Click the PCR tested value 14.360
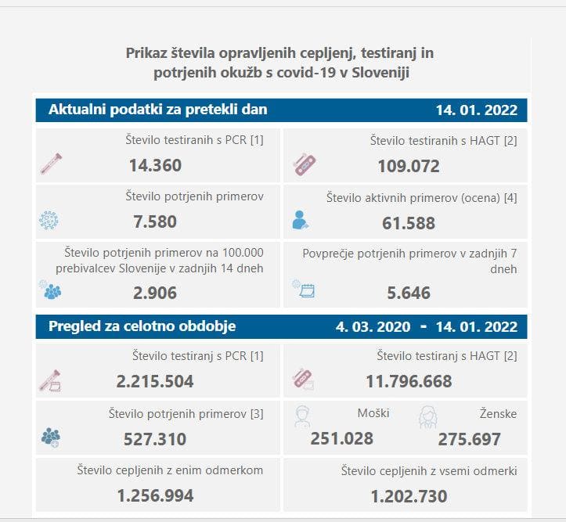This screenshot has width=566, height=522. click(x=155, y=165)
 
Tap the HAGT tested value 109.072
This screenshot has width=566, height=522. click(x=409, y=166)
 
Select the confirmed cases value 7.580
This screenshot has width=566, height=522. click(x=155, y=221)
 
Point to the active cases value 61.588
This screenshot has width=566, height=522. click(x=409, y=223)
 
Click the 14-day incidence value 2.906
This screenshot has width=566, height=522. click(x=155, y=293)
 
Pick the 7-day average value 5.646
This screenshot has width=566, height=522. click(x=409, y=293)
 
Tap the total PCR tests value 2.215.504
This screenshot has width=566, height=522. click(x=155, y=381)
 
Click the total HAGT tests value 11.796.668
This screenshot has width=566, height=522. click(x=409, y=381)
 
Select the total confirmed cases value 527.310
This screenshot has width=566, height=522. click(x=155, y=439)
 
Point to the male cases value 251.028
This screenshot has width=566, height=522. click(x=342, y=438)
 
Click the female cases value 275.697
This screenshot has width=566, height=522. click(x=470, y=439)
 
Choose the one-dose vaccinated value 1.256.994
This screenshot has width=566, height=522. click(x=155, y=495)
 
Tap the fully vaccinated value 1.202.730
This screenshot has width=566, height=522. click(x=409, y=496)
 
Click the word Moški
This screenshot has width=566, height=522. click(x=373, y=413)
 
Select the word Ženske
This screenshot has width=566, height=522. click(x=498, y=413)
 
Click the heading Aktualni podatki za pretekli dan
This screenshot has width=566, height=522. click(x=158, y=110)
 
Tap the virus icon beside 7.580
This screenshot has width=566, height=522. click(x=49, y=220)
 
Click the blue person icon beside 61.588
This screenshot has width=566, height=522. click(x=300, y=221)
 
